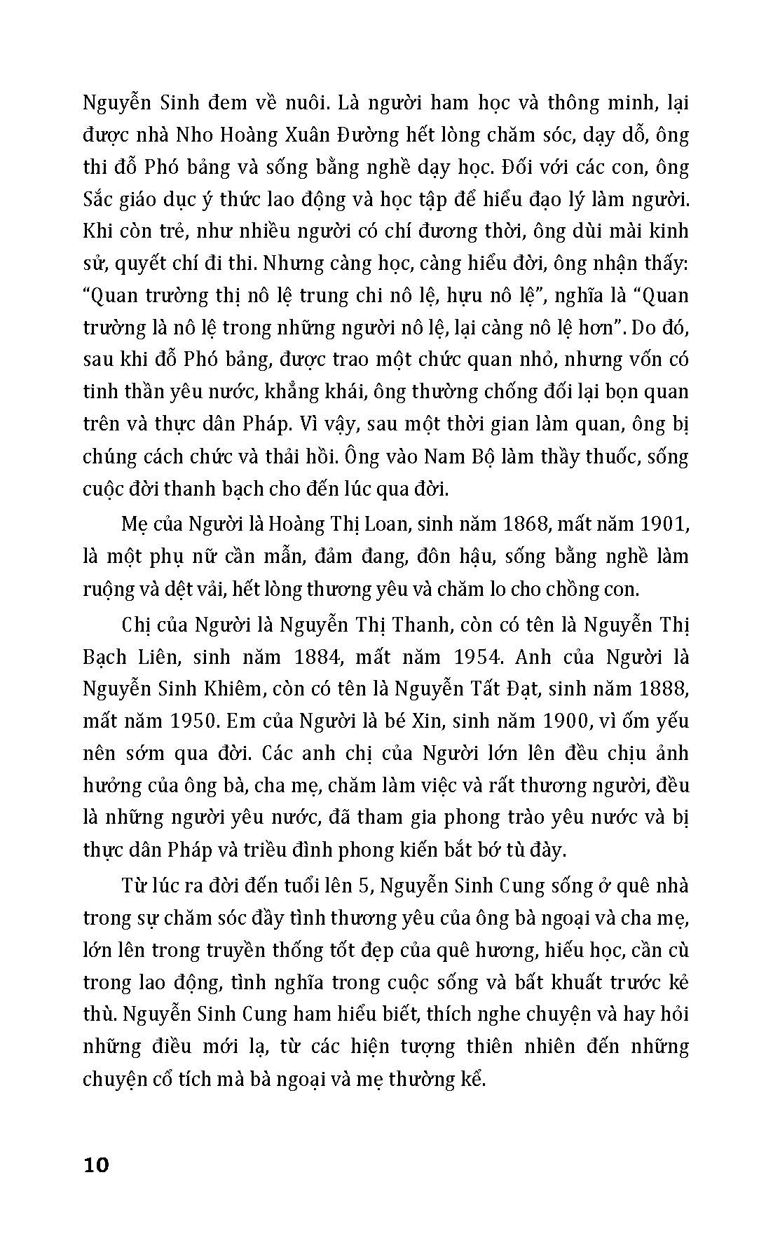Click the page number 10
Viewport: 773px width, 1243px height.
pos(96,1166)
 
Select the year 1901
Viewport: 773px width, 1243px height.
pos(661,524)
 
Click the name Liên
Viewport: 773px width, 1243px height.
pos(156,657)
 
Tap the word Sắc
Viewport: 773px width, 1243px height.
pos(100,200)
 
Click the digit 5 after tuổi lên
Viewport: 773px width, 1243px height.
pos(362,887)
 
